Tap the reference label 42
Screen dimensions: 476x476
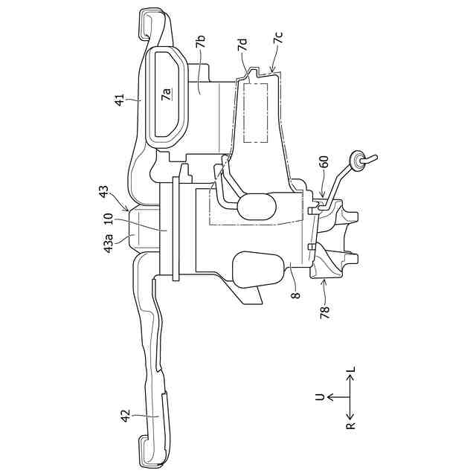click(x=126, y=414)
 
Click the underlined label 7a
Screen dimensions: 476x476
click(x=167, y=93)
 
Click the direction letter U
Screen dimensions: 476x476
click(x=320, y=397)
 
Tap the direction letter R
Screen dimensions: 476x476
click(x=350, y=426)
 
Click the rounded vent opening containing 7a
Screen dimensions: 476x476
click(x=167, y=93)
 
